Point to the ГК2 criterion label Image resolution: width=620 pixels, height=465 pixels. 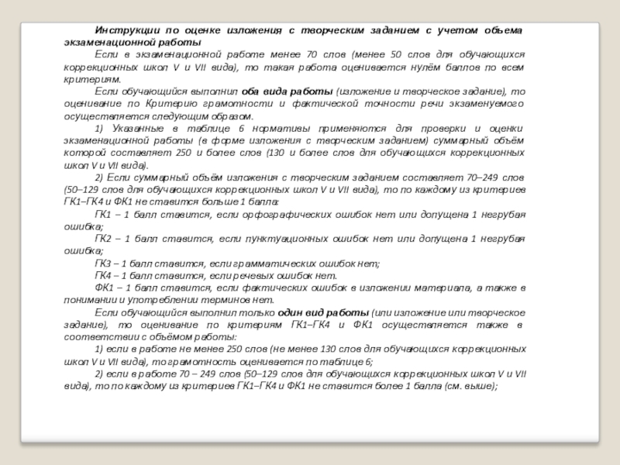(x=104, y=238)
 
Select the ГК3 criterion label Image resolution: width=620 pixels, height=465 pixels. (x=104, y=263)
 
